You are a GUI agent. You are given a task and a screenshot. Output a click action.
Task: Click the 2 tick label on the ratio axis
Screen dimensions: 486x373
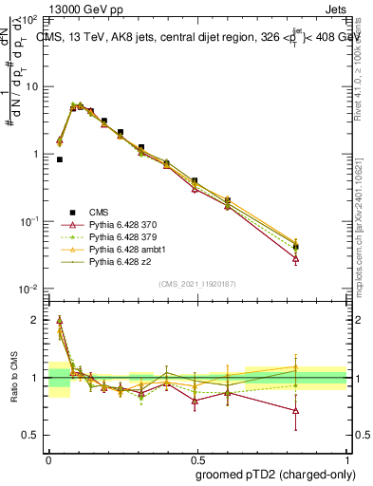click(x=35, y=321)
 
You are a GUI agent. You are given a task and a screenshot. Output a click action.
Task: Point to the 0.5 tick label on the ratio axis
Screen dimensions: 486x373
click(x=31, y=435)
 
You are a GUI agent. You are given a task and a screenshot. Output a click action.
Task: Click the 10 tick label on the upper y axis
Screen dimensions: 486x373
click(x=32, y=86)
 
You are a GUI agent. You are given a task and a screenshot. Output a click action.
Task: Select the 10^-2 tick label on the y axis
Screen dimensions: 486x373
click(x=29, y=289)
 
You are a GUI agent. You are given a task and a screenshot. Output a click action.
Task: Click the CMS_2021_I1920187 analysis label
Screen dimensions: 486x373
click(x=196, y=283)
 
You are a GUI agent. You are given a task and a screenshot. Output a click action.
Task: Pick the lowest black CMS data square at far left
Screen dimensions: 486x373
click(x=60, y=159)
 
